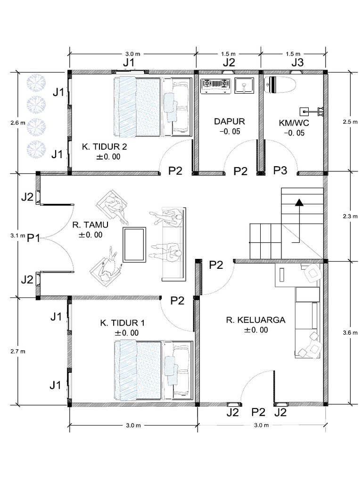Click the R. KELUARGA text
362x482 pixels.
[255, 320]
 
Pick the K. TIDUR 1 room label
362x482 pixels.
[122, 323]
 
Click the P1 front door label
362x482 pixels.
[33, 238]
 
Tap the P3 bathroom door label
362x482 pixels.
[280, 170]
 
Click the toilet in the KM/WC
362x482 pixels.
[280, 85]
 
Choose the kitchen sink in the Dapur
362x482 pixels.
[244, 85]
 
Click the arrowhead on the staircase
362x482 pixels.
[298, 203]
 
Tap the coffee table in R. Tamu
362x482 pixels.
[135, 244]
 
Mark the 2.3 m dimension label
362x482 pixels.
[349, 217]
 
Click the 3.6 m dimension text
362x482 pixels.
[349, 332]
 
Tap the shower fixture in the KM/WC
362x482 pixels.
[311, 112]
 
